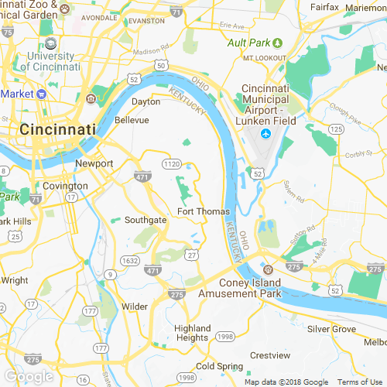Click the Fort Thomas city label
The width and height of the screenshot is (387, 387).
coord(204,211)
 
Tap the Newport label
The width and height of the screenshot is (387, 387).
coord(94,163)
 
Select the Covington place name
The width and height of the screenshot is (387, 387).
coord(65,187)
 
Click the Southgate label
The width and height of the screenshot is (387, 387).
coord(146,221)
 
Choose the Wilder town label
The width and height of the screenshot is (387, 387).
coord(135,307)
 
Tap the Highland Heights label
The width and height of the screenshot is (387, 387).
coord(191,333)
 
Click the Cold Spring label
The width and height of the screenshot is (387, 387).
coord(215,365)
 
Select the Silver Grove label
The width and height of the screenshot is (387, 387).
coord(331,329)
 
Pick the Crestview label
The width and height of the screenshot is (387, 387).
coord(270,354)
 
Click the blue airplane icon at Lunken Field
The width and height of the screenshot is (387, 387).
coord(265,135)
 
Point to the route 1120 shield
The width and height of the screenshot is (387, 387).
coord(172,164)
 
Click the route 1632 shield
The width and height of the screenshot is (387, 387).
coord(131,261)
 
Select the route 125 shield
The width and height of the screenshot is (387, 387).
coord(335,128)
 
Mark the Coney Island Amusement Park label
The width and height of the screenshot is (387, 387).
coord(238,289)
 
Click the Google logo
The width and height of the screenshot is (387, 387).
coord(29,376)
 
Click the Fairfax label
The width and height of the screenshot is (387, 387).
coord(324,7)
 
